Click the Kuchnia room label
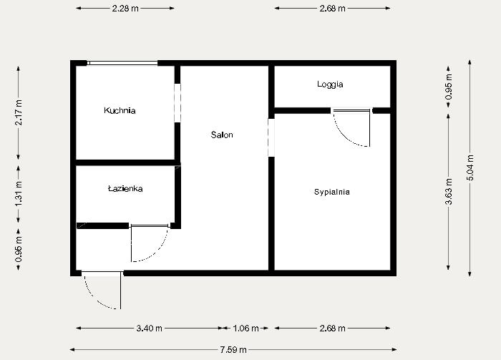coord(120,111)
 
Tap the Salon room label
coord(222,135)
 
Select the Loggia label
coord(330,84)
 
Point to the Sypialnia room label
coord(332,192)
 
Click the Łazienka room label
coord(125,189)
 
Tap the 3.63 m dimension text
coord(449,192)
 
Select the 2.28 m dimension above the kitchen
coord(125,9)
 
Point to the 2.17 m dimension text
coord(19,112)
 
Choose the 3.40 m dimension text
coord(149,329)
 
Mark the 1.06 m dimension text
coord(247,329)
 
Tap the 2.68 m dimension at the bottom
coord(332,329)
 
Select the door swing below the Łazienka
coord(149,243)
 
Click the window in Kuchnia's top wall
coord(122,63)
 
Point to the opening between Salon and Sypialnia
coord(271,137)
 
